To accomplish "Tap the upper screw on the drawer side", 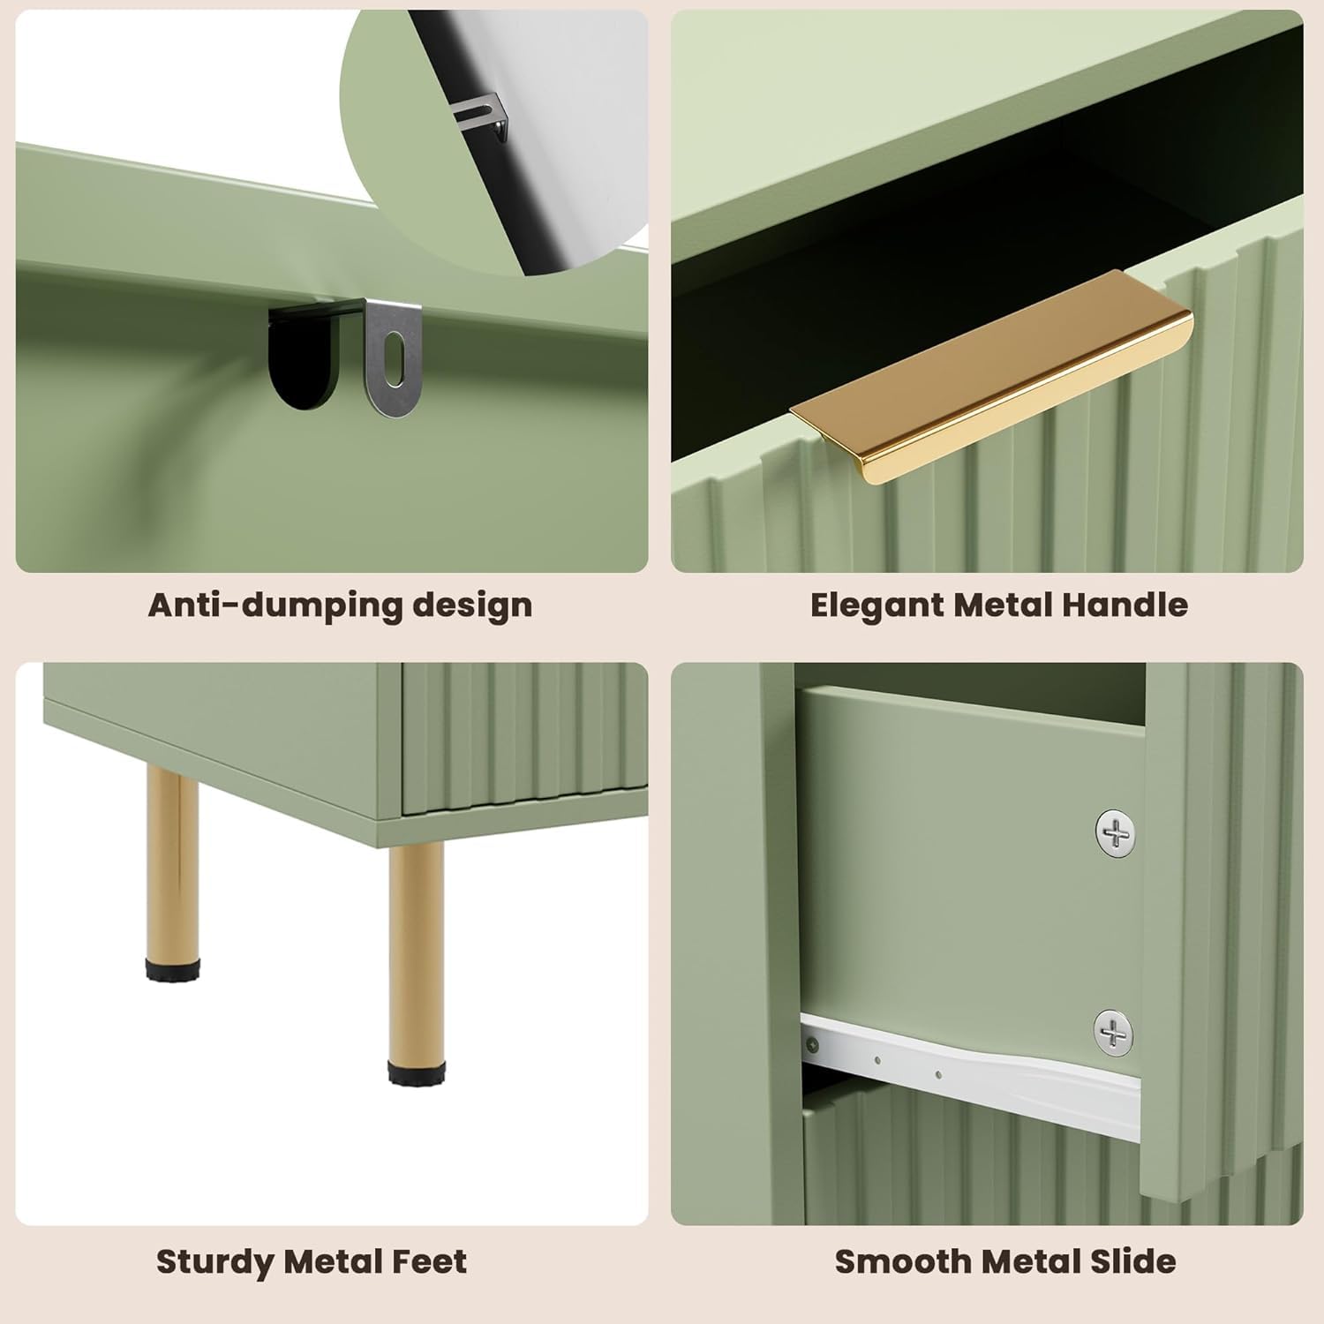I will tap(1116, 832).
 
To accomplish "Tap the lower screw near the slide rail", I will tap(1113, 1032).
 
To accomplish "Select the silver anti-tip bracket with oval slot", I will tap(394, 357).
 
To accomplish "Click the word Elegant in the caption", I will tap(877, 606).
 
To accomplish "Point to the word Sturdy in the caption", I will tap(215, 1262).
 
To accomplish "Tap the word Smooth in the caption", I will tap(897, 1262).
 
